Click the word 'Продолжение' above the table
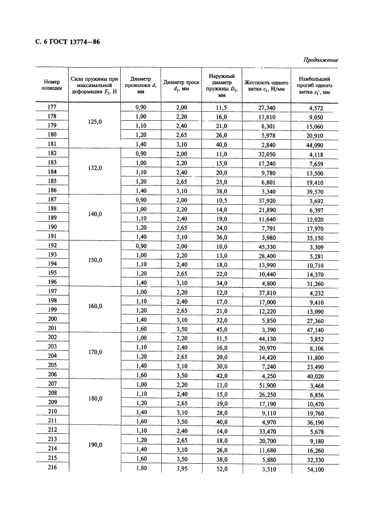click(x=321, y=60)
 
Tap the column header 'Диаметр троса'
click(x=181, y=85)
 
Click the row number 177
click(x=52, y=107)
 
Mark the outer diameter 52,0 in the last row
click(x=221, y=468)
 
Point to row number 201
click(x=52, y=329)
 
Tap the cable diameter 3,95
click(x=180, y=468)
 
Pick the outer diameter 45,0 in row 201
click(x=221, y=329)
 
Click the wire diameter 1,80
click(x=141, y=468)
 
